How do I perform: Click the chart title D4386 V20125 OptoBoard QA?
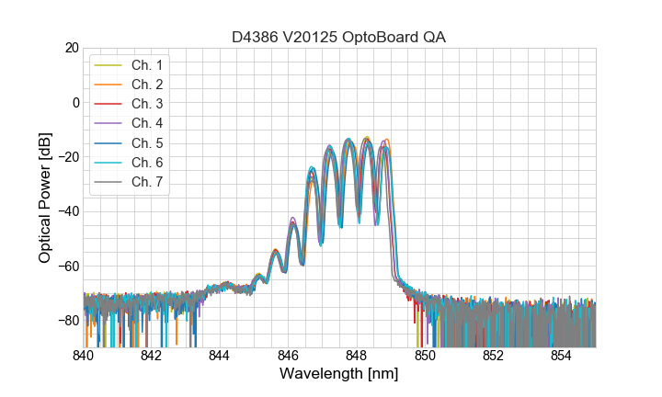tap(339, 37)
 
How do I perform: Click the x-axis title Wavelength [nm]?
tap(339, 375)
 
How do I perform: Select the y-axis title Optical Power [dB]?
tap(45, 198)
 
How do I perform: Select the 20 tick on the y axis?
tap(70, 48)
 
